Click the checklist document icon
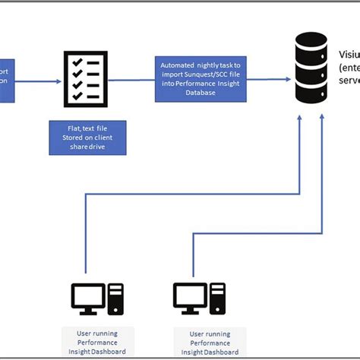[83, 79]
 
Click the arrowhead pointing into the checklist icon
[57, 79]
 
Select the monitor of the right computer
[190, 297]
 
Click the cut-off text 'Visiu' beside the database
[349, 55]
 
